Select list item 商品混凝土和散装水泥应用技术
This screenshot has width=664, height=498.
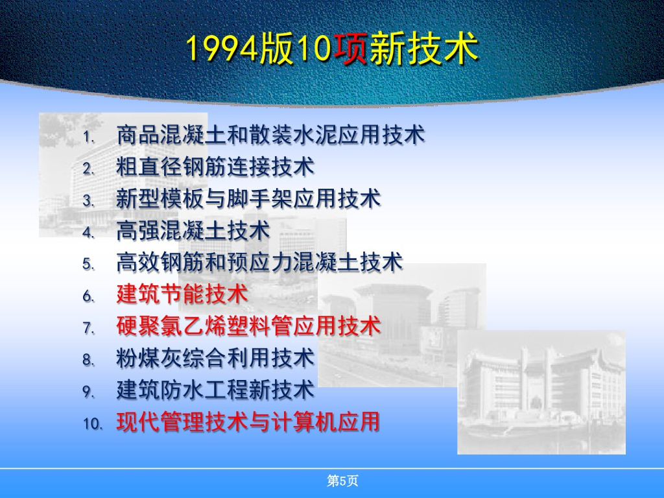coord(270,135)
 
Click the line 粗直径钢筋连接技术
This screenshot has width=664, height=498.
coord(215,167)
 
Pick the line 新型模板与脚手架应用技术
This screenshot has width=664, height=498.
coord(248,198)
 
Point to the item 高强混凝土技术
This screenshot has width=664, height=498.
coord(193,230)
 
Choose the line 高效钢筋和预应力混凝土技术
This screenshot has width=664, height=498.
coord(259,262)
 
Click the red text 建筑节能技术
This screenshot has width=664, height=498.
coord(182,294)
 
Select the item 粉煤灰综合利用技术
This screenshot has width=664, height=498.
coord(215,358)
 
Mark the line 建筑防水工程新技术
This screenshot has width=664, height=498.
coord(215,390)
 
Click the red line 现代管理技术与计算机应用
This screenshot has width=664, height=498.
coord(248,421)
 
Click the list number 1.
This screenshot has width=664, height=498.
coord(88,137)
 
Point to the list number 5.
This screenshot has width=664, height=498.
coord(88,265)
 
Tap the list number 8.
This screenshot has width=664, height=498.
coord(88,360)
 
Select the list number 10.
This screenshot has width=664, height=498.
coord(93,424)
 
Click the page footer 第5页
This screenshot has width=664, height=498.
coord(342,480)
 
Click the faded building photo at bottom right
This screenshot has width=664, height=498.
coord(541,392)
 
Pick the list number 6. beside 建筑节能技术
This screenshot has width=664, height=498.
coord(88,296)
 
